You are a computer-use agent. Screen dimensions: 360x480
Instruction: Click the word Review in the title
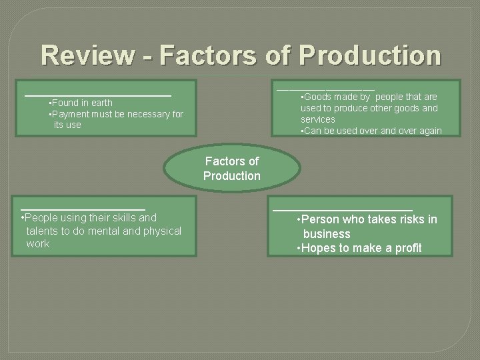tap(85, 55)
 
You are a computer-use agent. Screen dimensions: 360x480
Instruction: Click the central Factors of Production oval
tap(232, 168)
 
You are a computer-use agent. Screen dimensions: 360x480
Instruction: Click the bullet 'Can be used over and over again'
tap(373, 131)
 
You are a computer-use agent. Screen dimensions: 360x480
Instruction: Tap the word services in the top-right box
tap(319, 119)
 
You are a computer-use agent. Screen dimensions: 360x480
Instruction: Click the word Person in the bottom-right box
tap(321, 219)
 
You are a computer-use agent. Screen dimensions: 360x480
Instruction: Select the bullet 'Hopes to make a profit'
tap(361, 248)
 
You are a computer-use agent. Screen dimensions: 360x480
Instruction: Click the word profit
tap(407, 248)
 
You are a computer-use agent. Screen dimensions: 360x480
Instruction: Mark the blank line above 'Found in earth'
tap(99, 95)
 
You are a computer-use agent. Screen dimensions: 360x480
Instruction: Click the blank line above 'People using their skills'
tap(83, 209)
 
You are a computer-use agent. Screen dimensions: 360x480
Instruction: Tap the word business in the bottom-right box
tap(327, 234)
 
